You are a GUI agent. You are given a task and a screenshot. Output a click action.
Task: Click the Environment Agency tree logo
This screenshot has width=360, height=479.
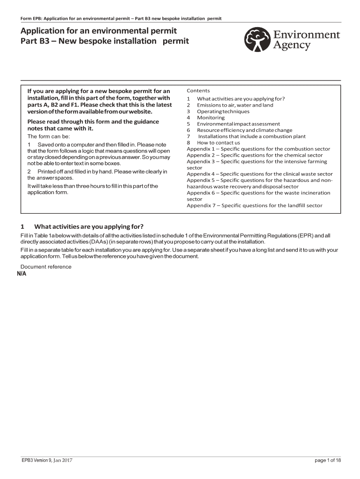coord(258,39)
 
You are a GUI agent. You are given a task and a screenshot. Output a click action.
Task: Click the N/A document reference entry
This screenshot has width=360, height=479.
coord(22,274)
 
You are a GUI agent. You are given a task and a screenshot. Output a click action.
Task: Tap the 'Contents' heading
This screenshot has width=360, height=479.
coord(198,90)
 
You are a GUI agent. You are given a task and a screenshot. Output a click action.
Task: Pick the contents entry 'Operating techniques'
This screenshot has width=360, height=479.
coord(223,111)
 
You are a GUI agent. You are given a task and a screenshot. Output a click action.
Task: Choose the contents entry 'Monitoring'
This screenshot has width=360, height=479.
coord(210,117)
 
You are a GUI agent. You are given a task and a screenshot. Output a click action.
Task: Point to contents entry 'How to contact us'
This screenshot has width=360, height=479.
coord(218,143)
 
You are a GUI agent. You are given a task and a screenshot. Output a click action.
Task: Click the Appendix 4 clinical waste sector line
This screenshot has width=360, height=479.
coord(259,174)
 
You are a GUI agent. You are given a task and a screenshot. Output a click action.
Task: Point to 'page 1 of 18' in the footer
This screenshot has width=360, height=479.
coord(328,460)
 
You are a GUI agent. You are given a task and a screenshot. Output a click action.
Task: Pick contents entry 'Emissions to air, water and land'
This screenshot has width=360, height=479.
coord(235,105)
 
